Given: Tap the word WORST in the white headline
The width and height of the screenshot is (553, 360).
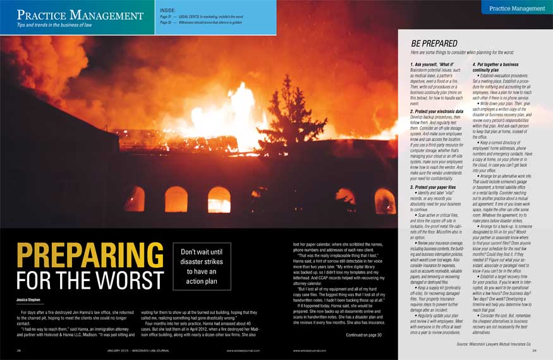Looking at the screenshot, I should pyautogui.click(x=125, y=280).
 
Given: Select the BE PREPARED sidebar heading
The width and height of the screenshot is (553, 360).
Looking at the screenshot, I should pyautogui.click(x=434, y=44).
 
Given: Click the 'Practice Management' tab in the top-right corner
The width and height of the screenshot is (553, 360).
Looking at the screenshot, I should pyautogui.click(x=516, y=8).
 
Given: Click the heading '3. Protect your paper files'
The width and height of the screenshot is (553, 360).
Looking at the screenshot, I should pyautogui.click(x=439, y=188).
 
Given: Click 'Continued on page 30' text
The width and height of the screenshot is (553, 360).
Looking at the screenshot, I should pyautogui.click(x=364, y=335).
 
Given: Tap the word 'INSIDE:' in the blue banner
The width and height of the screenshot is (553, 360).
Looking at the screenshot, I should pyautogui.click(x=169, y=10).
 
